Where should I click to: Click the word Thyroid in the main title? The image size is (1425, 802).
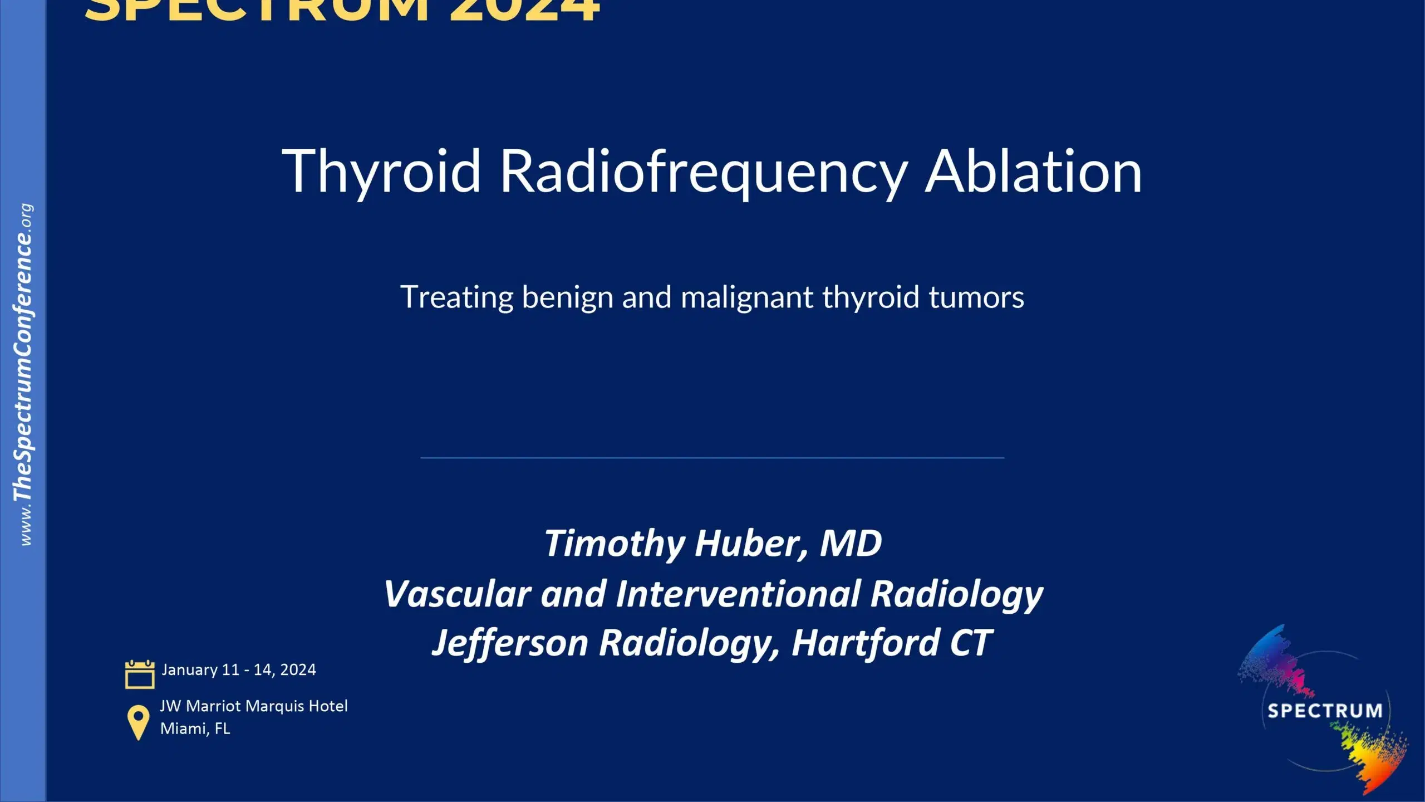click(x=381, y=172)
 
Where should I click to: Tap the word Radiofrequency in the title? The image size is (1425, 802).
click(x=704, y=172)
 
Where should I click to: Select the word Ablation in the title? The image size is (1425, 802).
click(x=1033, y=172)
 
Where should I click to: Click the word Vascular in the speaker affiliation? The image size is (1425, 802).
click(x=456, y=594)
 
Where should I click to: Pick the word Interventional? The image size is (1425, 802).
click(x=738, y=594)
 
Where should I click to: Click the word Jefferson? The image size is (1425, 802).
click(x=510, y=644)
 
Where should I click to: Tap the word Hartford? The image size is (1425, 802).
click(x=865, y=644)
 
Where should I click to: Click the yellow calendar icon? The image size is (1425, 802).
click(x=140, y=674)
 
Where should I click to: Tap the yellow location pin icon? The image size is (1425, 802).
click(x=138, y=722)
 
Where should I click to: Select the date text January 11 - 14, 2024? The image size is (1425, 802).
click(x=239, y=669)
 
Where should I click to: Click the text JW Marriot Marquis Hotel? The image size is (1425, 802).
click(x=254, y=706)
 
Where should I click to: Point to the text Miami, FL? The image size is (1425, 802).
click(x=195, y=728)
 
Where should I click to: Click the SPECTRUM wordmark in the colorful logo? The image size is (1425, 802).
click(x=1325, y=711)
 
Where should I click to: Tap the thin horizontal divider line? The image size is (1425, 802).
click(x=712, y=458)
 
